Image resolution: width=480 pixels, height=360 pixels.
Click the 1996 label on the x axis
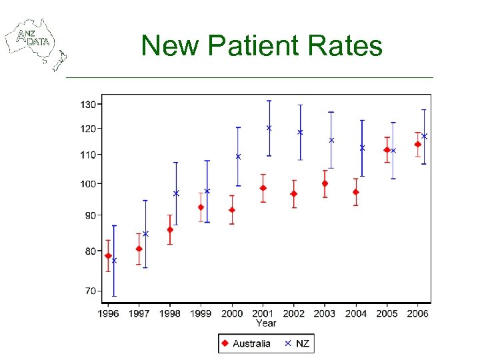109,313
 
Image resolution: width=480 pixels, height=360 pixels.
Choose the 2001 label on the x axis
263,313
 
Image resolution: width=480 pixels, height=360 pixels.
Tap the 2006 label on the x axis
418,313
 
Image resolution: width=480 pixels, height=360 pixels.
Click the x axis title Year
266,323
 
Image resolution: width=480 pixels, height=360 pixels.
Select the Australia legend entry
246,343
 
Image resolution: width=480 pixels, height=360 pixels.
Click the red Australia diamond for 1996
108,256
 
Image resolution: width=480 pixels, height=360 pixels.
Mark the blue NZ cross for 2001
269,128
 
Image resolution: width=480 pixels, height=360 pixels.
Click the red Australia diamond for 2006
418,144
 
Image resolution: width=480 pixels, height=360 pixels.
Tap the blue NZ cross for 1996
114,261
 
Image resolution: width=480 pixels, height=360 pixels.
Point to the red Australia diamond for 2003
325,183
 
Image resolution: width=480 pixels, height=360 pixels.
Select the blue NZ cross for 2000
238,157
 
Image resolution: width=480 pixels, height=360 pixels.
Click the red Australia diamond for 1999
201,207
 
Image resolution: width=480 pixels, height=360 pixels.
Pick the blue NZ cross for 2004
362,148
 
